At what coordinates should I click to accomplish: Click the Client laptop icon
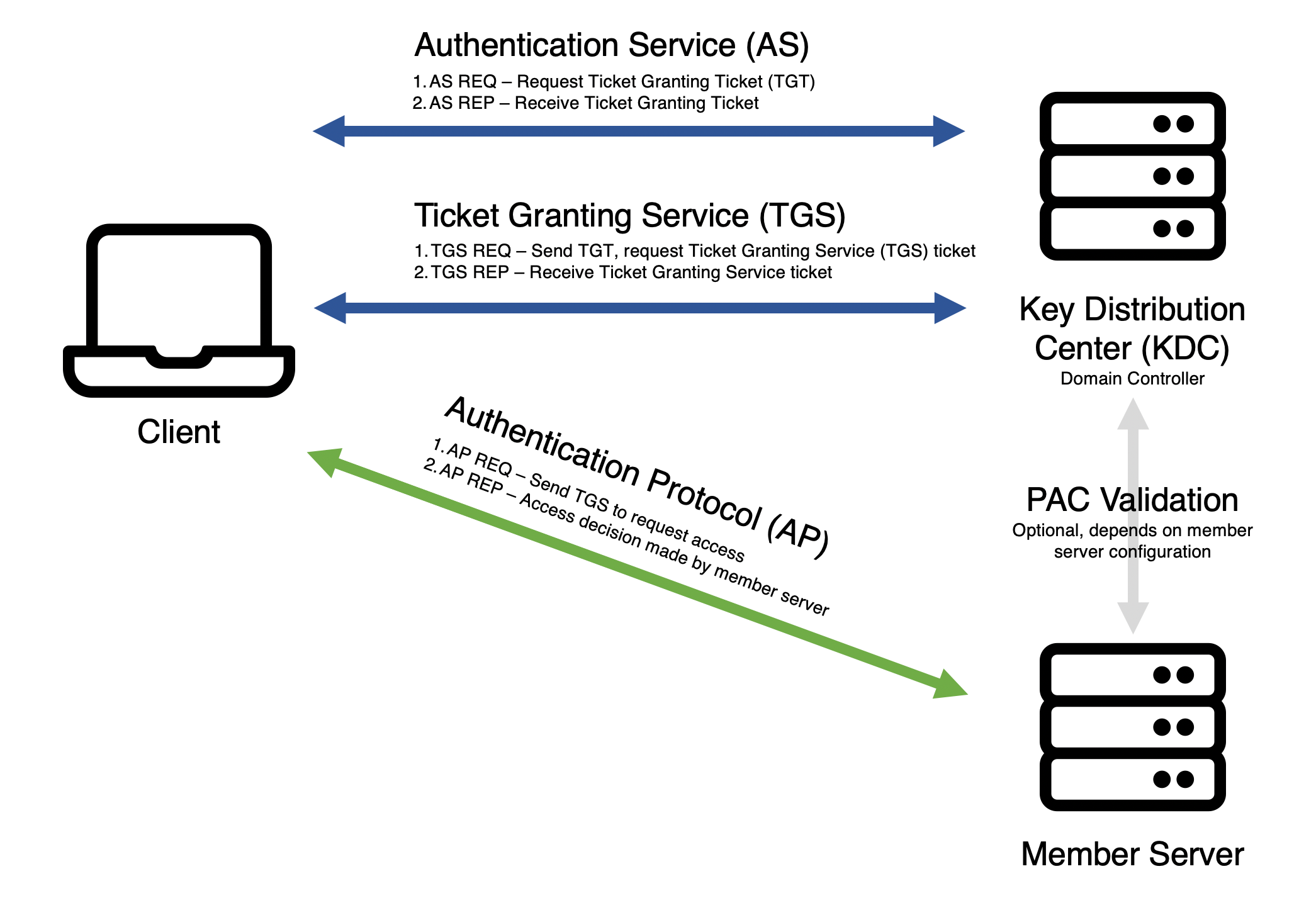(x=179, y=310)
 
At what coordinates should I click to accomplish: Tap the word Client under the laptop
(x=179, y=432)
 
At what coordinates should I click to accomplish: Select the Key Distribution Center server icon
(x=1132, y=176)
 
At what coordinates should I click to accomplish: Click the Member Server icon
(x=1132, y=727)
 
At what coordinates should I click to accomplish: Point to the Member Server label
(x=1132, y=854)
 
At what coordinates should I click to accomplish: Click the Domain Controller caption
(x=1132, y=379)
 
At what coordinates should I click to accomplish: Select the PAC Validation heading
(x=1132, y=500)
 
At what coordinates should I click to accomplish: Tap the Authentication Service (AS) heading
(x=611, y=45)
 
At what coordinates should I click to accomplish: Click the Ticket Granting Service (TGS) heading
(x=629, y=215)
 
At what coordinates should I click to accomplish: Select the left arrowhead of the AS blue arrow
(x=329, y=131)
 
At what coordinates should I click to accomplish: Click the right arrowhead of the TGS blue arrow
(x=950, y=308)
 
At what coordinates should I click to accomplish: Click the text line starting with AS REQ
(x=614, y=82)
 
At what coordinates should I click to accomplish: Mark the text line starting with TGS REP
(x=622, y=272)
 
